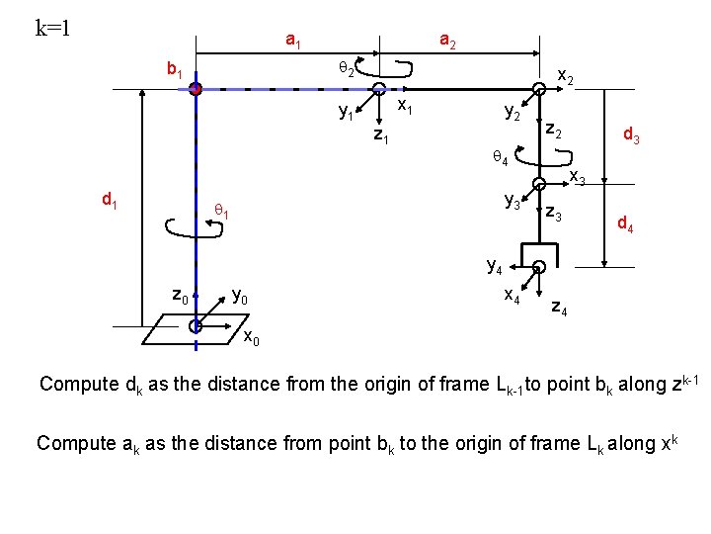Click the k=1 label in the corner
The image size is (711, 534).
tap(52, 27)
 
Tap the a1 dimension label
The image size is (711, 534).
tap(293, 41)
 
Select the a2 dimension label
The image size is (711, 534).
tap(446, 41)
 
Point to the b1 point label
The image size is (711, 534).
tap(178, 70)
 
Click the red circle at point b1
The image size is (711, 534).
tap(197, 89)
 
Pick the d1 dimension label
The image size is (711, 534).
tap(111, 200)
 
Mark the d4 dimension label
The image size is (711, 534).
tap(625, 224)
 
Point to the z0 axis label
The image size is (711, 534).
tap(181, 295)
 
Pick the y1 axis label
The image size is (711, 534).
tap(347, 113)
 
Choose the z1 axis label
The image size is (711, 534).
tap(380, 135)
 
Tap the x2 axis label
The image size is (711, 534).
tap(568, 76)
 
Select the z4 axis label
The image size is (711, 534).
tap(559, 309)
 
